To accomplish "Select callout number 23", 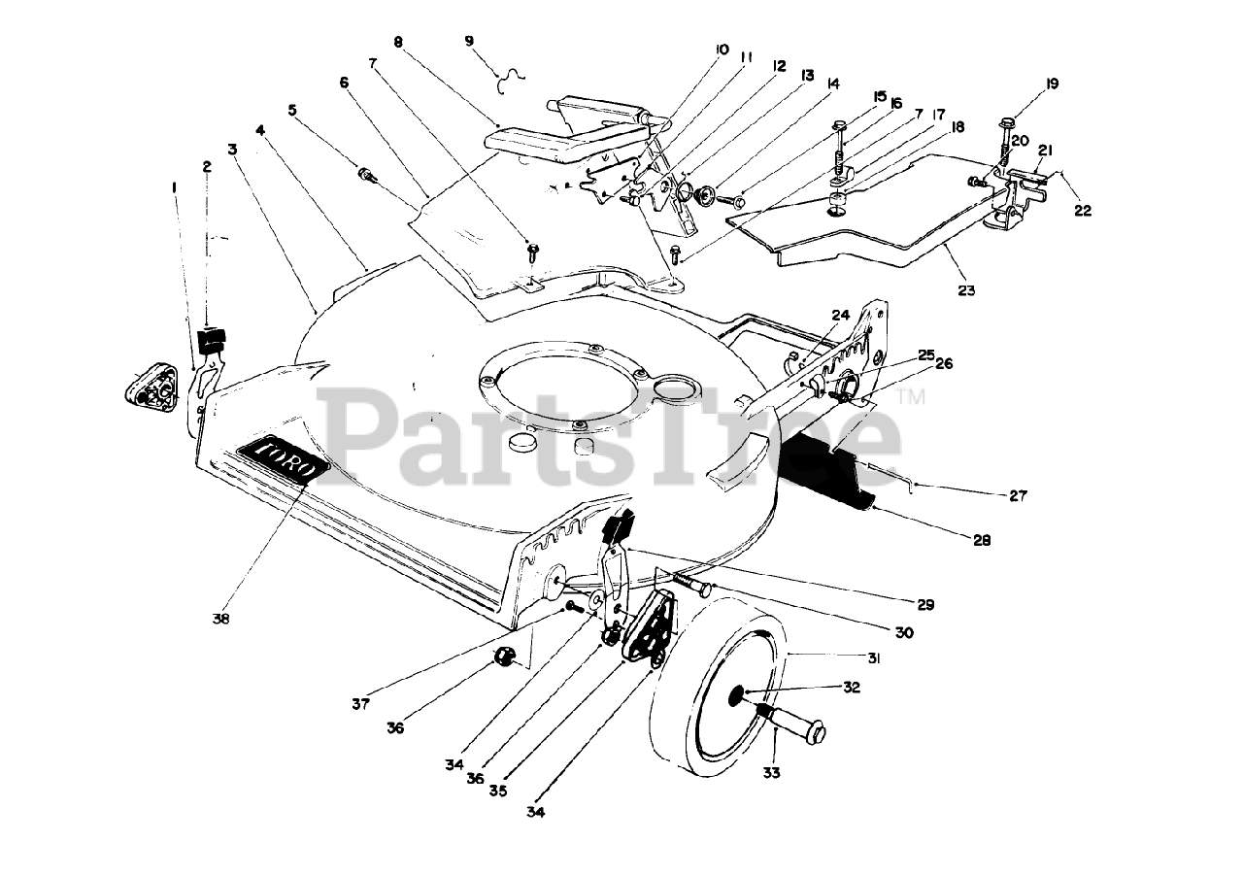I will click(965, 289).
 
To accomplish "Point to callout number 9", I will click(470, 41).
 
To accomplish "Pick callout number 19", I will click(1051, 84).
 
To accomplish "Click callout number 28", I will click(983, 540).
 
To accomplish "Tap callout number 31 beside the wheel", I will click(873, 657).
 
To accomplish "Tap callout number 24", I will click(840, 314).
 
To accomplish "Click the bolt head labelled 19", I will click(1007, 123).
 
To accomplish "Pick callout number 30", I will click(904, 632).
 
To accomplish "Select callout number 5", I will click(292, 110).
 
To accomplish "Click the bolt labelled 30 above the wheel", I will click(689, 585).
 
